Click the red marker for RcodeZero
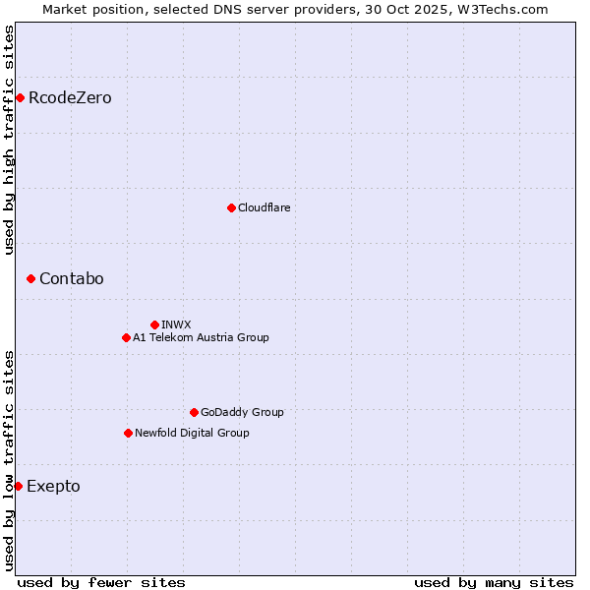point(20,97)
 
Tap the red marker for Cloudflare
point(231,207)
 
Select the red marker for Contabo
point(30,279)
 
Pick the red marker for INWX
point(154,324)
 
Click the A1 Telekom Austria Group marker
point(126,337)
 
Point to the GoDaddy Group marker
point(194,412)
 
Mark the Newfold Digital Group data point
point(128,433)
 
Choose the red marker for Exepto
point(18,486)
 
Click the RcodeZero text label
point(70,98)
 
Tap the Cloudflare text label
point(264,207)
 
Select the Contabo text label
point(71,279)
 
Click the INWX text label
point(176,324)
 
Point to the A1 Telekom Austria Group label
point(201,337)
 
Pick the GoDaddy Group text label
point(242,412)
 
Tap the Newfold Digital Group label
point(192,433)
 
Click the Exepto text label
point(53,487)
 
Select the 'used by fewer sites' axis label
point(101,582)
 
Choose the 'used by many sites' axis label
point(494,582)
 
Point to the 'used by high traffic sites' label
point(10,139)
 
